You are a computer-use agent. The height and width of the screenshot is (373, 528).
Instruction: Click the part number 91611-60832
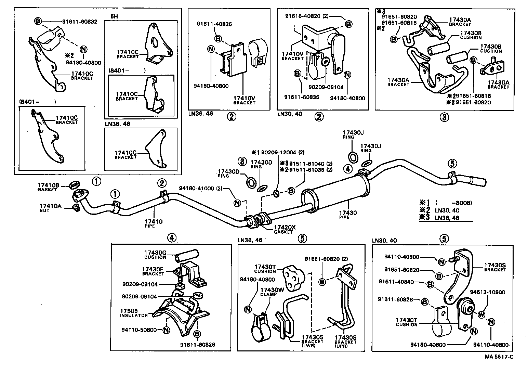(x=79, y=22)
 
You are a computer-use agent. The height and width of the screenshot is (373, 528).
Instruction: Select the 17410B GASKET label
(x=49, y=187)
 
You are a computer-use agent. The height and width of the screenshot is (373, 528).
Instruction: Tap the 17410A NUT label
(x=51, y=208)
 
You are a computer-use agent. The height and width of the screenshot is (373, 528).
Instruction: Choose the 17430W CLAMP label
(x=272, y=292)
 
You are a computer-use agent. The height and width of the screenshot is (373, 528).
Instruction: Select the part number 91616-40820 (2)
(x=307, y=16)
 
